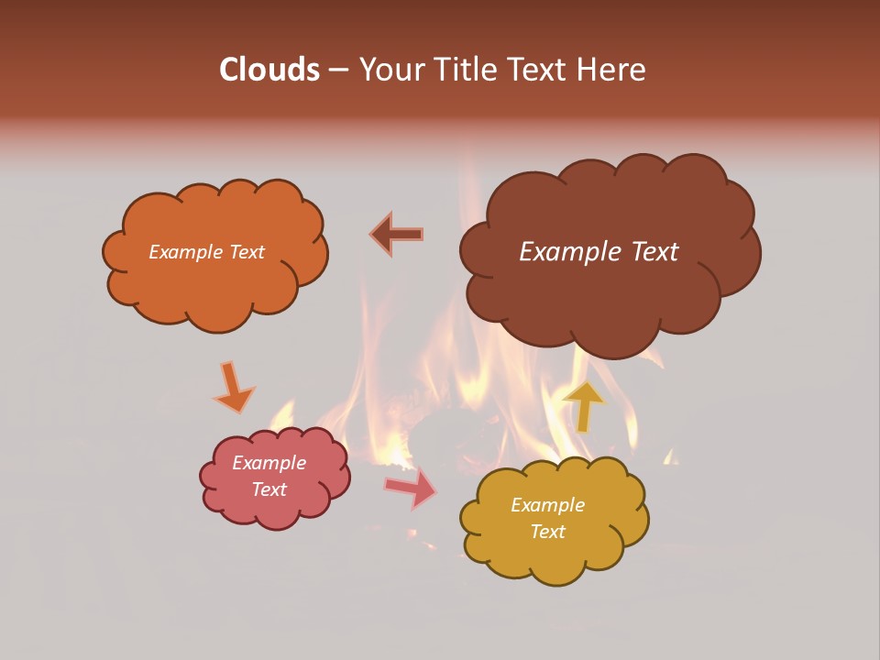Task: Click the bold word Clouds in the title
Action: point(269,70)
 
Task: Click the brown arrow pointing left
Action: point(397,235)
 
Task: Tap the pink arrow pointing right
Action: point(412,489)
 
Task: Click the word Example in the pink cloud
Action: point(269,463)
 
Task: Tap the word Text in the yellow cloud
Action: point(547,532)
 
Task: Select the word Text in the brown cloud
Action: point(655,252)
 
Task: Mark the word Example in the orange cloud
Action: point(185,252)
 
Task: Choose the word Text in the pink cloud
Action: point(269,489)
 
